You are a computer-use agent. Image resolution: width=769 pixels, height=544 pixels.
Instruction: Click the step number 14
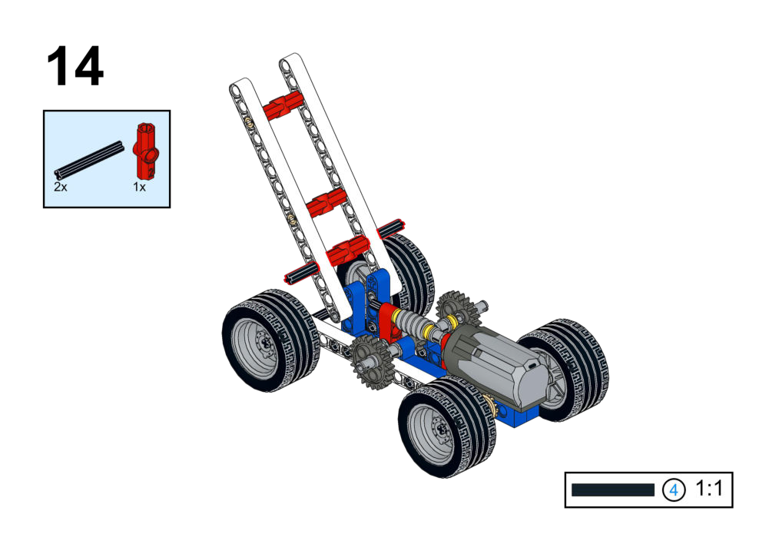(75, 66)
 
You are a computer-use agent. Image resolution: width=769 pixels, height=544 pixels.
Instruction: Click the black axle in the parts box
(89, 159)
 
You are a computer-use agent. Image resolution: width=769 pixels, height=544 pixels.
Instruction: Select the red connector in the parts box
(146, 151)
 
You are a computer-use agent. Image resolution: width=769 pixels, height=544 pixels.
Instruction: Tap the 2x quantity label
(61, 187)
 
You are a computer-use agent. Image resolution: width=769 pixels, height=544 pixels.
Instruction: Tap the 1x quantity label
(140, 187)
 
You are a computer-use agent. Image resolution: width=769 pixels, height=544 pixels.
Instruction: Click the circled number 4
(674, 489)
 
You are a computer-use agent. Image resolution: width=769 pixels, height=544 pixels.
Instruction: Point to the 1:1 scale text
(708, 489)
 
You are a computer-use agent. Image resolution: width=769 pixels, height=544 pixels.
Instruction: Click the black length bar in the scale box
(612, 489)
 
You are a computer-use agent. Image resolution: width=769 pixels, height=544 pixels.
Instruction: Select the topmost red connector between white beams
(281, 106)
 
